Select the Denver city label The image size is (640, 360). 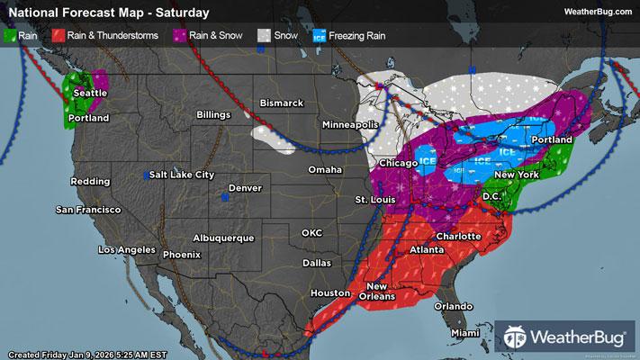coord(245,188)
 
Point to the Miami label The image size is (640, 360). coord(465,333)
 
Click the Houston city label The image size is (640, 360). coord(331,293)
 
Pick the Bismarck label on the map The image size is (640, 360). coord(282,103)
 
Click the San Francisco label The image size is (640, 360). coord(88,210)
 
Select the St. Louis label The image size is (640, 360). coord(373,198)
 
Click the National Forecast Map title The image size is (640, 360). coord(108,13)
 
